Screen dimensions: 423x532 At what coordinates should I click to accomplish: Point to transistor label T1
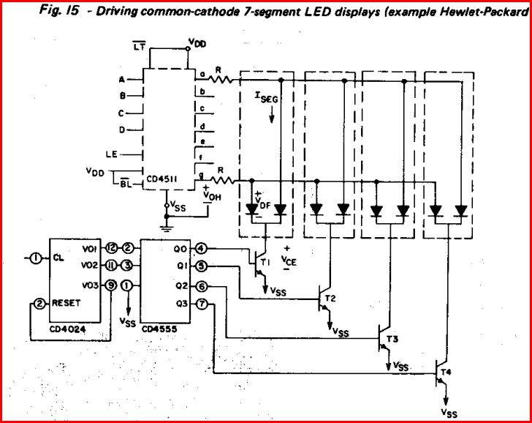point(265,261)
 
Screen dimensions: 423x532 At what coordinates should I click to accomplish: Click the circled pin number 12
point(111,247)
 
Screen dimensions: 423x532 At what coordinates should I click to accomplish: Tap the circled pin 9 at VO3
point(111,285)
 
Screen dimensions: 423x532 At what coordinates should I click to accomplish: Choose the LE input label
point(111,154)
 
